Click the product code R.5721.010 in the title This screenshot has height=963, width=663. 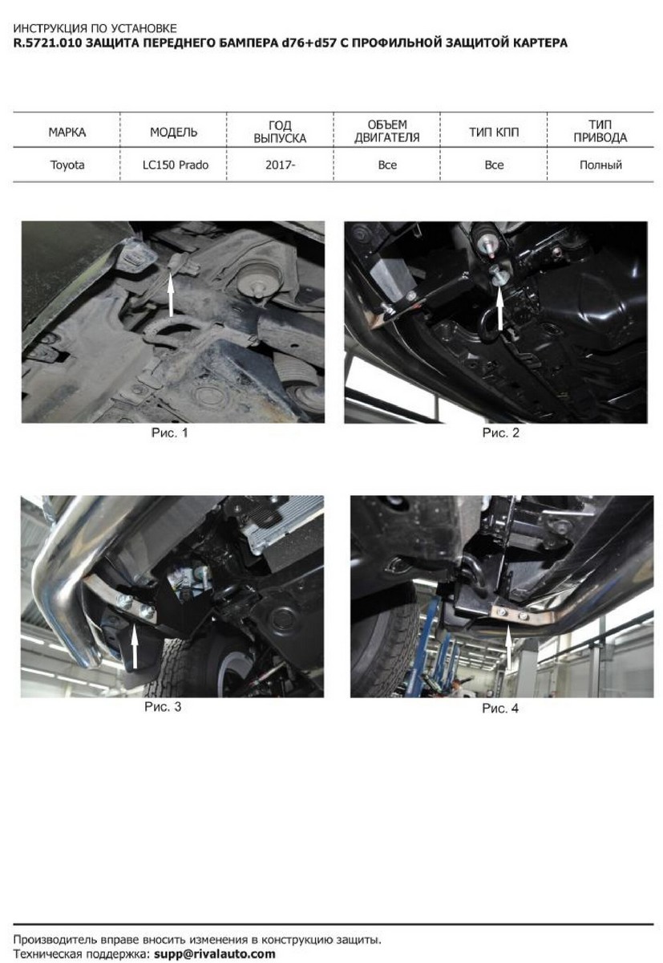click(x=46, y=43)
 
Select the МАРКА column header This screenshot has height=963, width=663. click(x=67, y=132)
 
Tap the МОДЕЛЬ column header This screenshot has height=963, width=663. click(x=173, y=132)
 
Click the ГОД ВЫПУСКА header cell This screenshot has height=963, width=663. click(x=280, y=132)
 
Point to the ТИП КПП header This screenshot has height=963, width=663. click(x=494, y=132)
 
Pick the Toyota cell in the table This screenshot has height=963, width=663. click(x=67, y=165)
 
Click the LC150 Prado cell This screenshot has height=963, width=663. click(x=176, y=165)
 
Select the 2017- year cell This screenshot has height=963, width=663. click(x=280, y=165)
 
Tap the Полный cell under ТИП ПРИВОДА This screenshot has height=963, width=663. click(x=600, y=165)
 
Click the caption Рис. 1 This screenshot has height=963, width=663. click(x=170, y=433)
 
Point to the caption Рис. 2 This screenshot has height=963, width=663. click(x=501, y=433)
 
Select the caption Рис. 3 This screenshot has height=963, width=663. click(x=163, y=707)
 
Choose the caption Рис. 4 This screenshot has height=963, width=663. click(x=500, y=709)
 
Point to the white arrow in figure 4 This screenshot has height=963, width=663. click(x=508, y=648)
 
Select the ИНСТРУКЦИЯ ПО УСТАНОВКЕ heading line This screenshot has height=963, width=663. click(x=95, y=28)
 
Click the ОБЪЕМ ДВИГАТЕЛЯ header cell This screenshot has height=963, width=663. click(x=387, y=131)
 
